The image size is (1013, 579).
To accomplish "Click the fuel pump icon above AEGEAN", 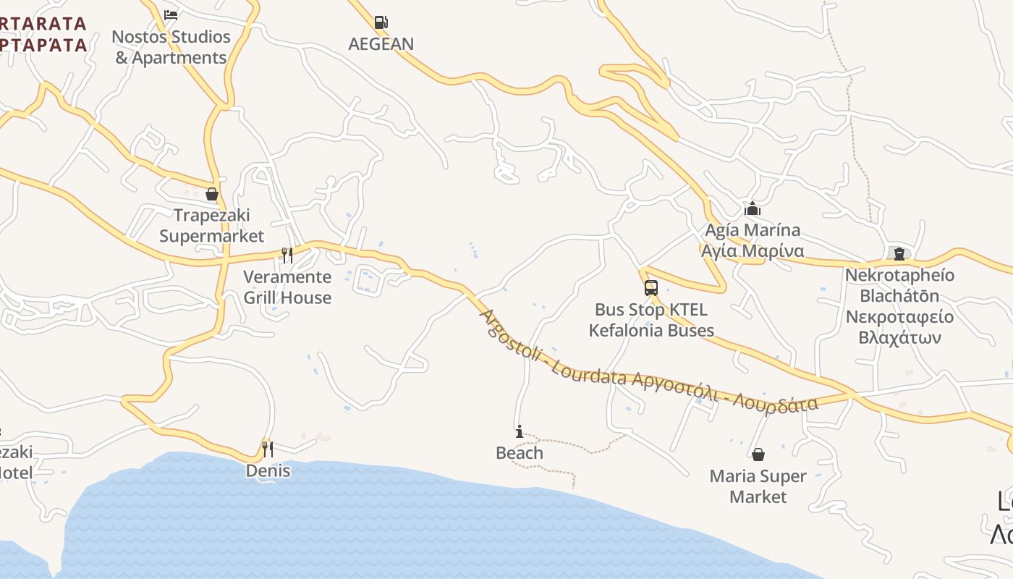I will tap(381, 22).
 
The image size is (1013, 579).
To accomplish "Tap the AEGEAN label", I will tap(381, 44).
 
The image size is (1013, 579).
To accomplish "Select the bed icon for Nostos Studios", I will tap(171, 14).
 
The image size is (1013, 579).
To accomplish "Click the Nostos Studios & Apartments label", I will tap(172, 47).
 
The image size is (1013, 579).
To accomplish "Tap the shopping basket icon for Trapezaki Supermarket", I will tap(212, 194).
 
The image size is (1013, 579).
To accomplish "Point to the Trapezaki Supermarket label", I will tap(212, 226).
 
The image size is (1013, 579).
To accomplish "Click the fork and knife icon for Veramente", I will tap(287, 255).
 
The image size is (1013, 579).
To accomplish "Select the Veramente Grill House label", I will tap(287, 287).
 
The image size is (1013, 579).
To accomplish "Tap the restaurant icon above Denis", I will tap(268, 449).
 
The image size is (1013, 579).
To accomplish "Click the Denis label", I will tap(268, 471).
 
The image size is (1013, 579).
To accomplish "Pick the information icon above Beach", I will tap(520, 432).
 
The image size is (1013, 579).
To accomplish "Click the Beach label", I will tap(520, 453).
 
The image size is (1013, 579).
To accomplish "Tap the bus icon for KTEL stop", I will tap(651, 288).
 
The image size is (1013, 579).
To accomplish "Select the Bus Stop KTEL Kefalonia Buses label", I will tap(651, 320).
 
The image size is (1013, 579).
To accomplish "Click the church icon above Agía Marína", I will tap(753, 209).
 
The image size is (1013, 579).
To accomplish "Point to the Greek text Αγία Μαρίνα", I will tap(753, 251).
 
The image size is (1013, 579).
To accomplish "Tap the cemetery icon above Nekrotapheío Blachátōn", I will tap(899, 254).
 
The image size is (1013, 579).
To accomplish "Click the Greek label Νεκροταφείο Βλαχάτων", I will tap(899, 327).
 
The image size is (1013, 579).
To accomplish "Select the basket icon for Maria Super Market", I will tap(758, 455).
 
